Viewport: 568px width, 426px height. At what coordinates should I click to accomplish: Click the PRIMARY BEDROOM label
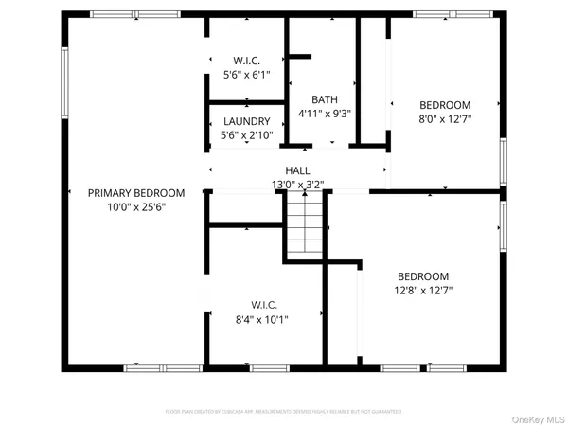coord(136,193)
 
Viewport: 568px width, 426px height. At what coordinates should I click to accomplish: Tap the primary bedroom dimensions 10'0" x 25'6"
coord(136,207)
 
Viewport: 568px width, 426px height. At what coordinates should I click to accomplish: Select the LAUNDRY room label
coord(247,121)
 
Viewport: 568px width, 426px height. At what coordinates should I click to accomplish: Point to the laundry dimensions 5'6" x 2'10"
coord(247,136)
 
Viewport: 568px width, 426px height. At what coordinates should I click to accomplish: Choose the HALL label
coord(298,170)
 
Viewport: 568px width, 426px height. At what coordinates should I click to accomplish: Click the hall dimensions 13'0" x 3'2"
coord(298,186)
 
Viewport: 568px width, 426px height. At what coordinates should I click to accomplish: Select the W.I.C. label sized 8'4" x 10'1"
coord(264,305)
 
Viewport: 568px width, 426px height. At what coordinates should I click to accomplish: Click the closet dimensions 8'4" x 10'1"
coord(264,319)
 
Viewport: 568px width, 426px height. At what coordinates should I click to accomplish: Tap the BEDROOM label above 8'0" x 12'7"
coord(445,104)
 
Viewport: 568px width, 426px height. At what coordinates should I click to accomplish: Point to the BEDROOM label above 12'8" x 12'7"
coord(422,276)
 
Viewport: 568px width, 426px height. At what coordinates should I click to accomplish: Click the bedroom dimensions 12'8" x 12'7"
coord(422,291)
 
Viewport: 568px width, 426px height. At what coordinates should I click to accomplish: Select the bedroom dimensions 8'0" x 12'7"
coord(445,119)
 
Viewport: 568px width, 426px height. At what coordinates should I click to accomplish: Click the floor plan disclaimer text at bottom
coord(284,412)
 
